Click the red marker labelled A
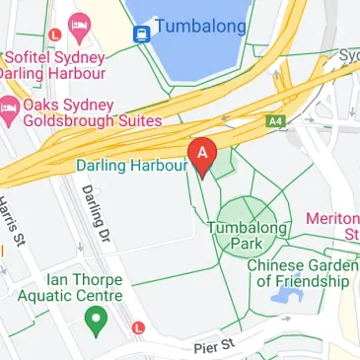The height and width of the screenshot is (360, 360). [203, 156]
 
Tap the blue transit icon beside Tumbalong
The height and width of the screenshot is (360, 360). [142, 33]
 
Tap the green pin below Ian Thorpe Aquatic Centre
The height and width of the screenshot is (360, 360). [96, 320]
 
